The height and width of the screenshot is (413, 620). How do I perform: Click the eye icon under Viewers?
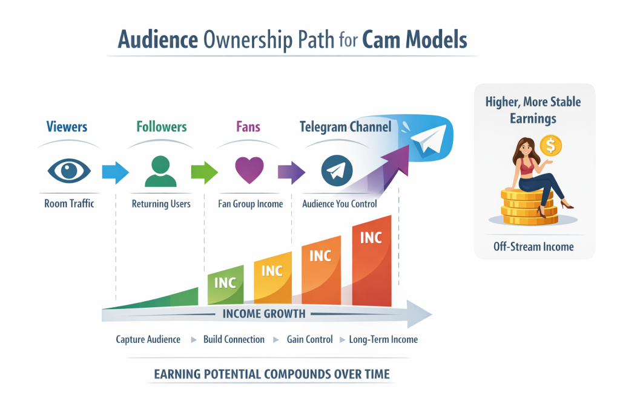(69, 171)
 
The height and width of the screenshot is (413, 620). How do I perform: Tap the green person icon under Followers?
(161, 171)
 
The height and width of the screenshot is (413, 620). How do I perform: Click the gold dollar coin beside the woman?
(550, 145)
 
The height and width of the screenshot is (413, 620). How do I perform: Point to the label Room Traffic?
(69, 204)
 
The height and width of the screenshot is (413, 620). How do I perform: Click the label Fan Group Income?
(250, 204)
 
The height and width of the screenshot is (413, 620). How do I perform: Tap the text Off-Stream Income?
(533, 247)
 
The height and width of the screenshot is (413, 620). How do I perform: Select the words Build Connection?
(234, 339)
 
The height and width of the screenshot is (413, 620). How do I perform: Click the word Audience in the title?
(157, 40)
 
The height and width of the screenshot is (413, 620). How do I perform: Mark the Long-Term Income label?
(383, 339)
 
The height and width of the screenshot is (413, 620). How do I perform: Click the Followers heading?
(161, 127)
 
